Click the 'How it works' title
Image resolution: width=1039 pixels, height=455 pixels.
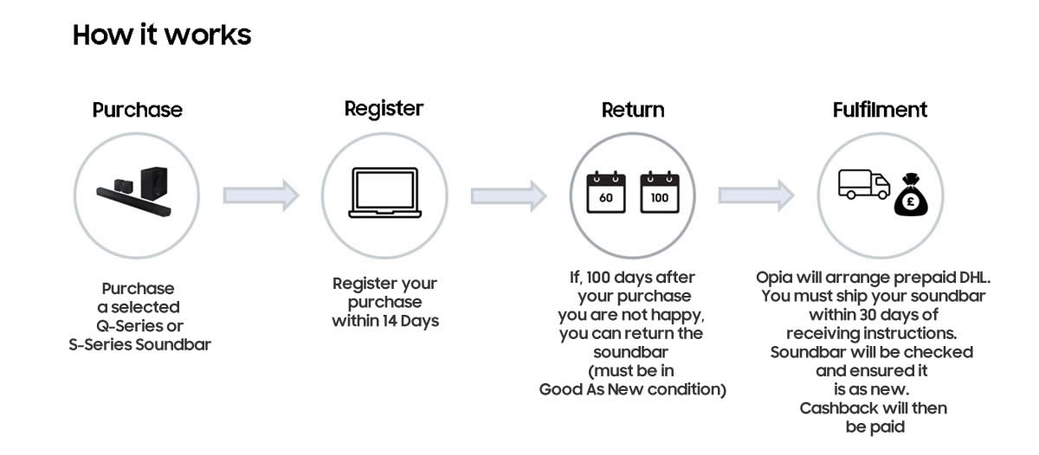coord(162,35)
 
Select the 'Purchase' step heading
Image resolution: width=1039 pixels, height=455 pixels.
coord(138,110)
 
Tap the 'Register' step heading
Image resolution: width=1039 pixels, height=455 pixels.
coord(384,109)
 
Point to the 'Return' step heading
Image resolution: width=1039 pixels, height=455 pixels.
coord(633,110)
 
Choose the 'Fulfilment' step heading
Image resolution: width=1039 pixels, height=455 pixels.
coord(880,110)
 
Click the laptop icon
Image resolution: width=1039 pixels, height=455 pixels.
coord(385,192)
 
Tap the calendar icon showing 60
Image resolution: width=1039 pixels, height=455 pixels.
coord(606,192)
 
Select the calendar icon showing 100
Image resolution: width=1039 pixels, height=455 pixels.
coord(660,192)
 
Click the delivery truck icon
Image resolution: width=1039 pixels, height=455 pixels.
coord(864,184)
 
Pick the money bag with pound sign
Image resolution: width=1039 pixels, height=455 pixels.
coord(911,195)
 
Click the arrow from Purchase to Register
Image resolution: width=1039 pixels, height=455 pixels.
coord(261,195)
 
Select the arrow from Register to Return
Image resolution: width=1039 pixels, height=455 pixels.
coord(509,196)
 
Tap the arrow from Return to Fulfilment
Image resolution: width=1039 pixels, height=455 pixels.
coord(757,195)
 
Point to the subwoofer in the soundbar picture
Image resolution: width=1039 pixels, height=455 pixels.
coord(154,183)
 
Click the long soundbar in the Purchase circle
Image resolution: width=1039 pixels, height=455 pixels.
coord(133,202)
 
